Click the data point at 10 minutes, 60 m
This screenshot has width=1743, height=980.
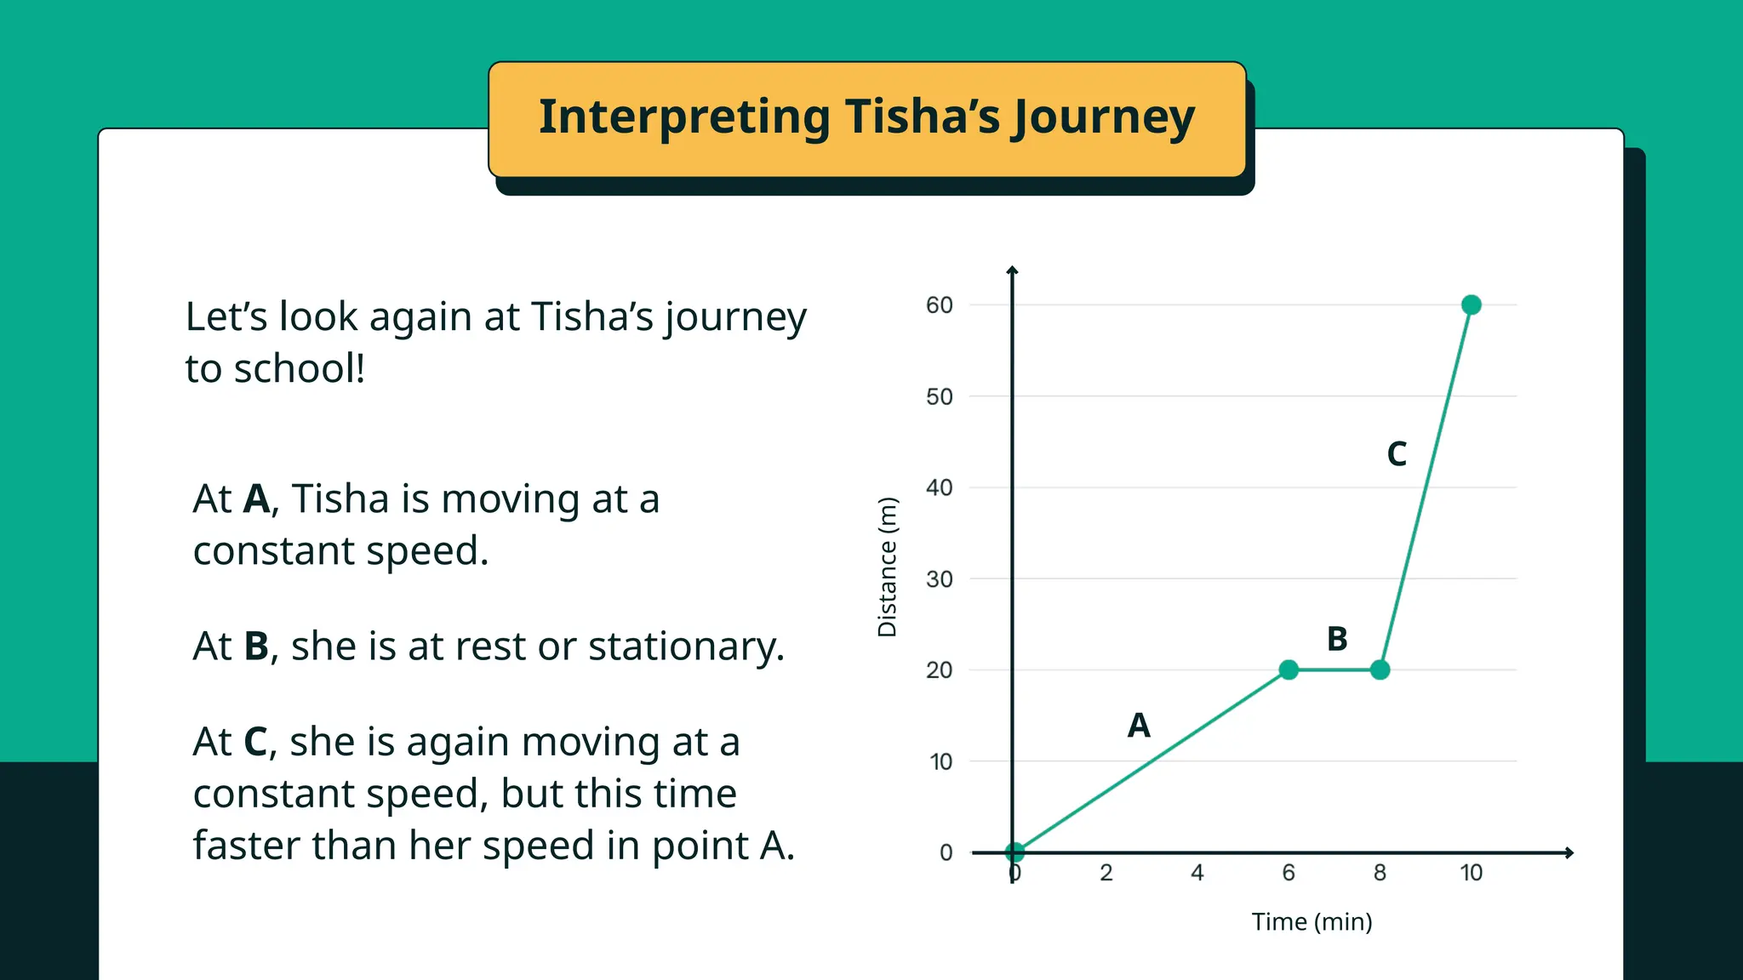1471,305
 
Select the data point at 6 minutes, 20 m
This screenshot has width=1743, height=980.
1289,669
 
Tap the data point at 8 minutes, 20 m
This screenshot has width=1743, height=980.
1380,669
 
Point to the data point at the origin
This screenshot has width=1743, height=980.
1014,852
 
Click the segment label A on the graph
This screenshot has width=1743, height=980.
1139,726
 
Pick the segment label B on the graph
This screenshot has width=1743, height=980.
1337,639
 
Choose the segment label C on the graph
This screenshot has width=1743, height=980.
1397,454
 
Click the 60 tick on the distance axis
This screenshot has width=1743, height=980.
940,305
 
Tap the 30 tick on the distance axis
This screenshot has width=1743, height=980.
940,579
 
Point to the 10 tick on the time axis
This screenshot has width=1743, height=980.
1471,873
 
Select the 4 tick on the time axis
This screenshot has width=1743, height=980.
1197,873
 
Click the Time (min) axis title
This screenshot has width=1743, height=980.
1312,922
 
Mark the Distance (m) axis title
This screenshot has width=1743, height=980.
888,567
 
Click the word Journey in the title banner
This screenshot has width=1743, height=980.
1104,117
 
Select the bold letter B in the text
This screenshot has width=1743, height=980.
256,647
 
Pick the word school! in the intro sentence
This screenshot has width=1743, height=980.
300,369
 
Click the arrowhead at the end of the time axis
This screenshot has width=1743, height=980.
1569,852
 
